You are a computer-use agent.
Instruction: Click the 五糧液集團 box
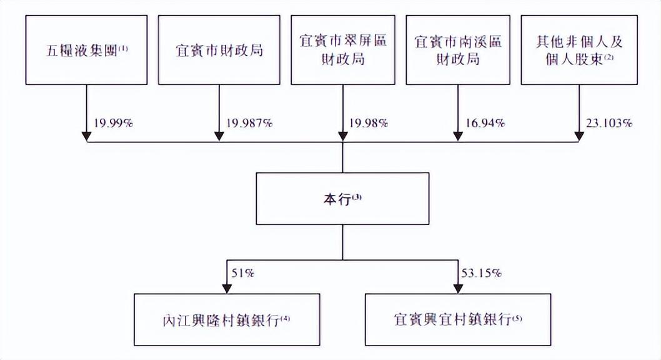click(86, 50)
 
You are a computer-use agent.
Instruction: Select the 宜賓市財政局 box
click(219, 50)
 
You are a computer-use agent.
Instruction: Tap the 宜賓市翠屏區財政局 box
click(343, 50)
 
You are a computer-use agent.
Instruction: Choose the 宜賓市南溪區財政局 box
click(458, 50)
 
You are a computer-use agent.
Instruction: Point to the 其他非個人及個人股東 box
click(579, 50)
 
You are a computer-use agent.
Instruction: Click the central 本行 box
click(343, 199)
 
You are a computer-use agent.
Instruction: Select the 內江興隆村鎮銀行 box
click(227, 320)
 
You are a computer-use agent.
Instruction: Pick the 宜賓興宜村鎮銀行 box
click(458, 320)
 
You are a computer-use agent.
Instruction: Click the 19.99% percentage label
click(114, 123)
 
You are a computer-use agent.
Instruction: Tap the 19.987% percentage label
click(249, 123)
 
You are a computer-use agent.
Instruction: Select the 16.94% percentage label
click(485, 123)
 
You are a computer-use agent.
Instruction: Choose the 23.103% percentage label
click(609, 123)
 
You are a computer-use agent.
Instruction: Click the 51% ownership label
click(243, 273)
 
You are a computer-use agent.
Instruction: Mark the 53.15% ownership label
click(482, 273)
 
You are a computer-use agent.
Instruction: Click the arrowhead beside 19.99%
click(86, 137)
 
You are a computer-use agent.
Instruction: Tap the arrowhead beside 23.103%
click(579, 137)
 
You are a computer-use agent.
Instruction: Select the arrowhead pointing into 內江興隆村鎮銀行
click(227, 288)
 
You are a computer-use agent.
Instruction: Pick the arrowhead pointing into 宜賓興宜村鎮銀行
click(458, 288)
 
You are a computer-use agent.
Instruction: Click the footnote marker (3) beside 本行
click(357, 196)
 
